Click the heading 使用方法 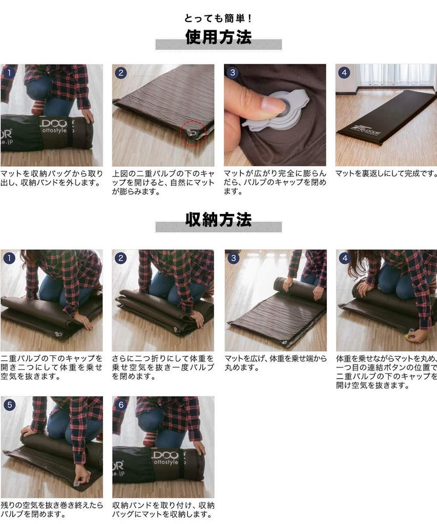point(218,37)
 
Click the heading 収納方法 point(218,220)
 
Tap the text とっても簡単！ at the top point(218,18)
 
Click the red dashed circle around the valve point(192,132)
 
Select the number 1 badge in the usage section point(9,73)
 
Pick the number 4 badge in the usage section point(344,73)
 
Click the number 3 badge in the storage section point(233,258)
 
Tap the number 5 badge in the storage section point(9,405)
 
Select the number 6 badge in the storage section point(121,405)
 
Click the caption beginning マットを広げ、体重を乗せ point(275,363)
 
